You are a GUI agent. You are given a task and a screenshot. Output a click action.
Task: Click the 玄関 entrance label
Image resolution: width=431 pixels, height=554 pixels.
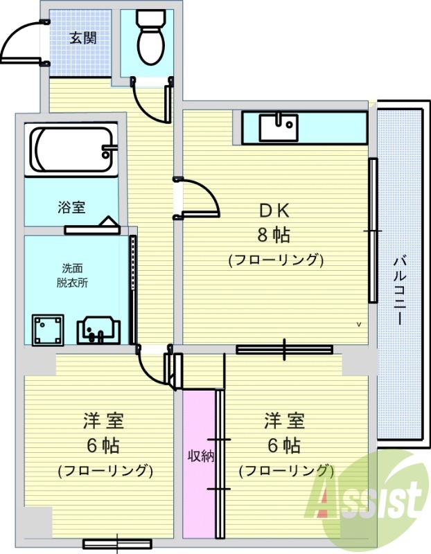tap(82, 37)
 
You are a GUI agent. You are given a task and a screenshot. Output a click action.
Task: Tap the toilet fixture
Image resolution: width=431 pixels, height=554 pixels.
tap(150, 40)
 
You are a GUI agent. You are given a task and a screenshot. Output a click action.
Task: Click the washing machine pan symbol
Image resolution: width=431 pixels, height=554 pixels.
tap(48, 329)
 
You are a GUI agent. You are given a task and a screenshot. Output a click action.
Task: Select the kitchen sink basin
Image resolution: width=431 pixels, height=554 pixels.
tap(278, 127)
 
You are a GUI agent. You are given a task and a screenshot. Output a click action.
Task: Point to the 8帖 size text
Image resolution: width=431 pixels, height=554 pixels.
tap(274, 235)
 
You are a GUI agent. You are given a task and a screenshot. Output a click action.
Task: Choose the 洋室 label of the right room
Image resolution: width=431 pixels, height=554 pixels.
tap(284, 420)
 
